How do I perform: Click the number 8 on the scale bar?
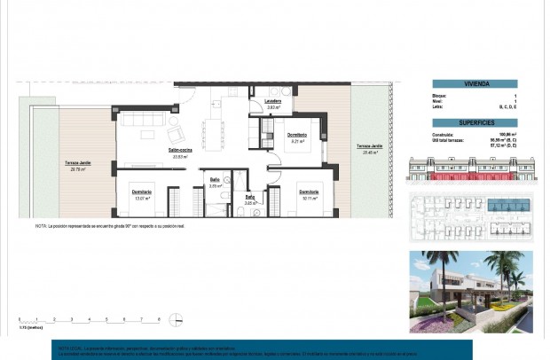[159, 317]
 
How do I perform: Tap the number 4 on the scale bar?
[89, 317]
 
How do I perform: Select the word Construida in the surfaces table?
[434, 134]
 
